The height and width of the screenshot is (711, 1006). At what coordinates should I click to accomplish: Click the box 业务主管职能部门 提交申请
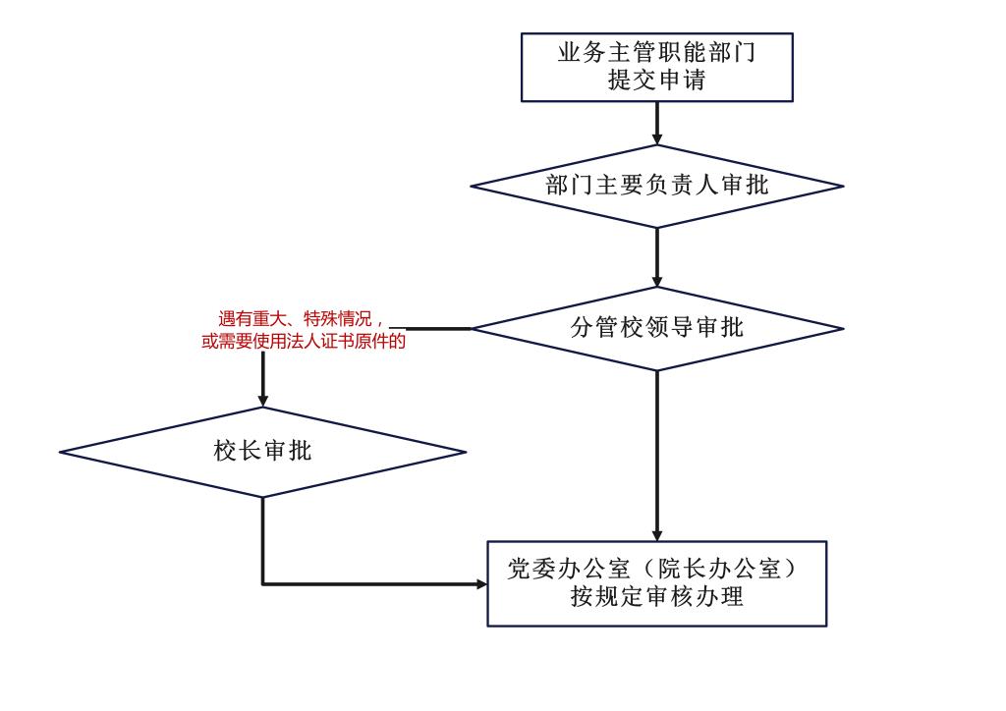tap(656, 67)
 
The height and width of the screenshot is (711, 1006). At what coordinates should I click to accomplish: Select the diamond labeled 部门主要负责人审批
tap(656, 186)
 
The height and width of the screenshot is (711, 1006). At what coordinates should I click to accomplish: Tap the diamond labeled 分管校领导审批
tap(656, 328)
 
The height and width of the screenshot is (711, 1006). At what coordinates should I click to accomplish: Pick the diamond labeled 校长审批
tap(262, 452)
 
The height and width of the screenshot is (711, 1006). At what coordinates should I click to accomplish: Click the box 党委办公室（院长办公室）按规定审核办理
tap(656, 582)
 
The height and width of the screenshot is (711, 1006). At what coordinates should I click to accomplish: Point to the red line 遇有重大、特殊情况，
tap(300, 319)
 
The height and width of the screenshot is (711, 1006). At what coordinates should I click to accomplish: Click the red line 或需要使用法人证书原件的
tap(303, 342)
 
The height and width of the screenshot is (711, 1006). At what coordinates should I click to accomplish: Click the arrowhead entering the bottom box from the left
tap(481, 583)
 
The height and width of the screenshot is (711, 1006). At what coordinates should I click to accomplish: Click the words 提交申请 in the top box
tap(656, 81)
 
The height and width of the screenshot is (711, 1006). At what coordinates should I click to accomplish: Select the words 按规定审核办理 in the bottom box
tap(656, 596)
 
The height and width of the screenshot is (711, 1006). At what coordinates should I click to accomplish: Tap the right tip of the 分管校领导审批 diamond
tap(842, 328)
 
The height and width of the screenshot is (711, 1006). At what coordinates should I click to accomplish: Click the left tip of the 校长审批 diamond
tap(61, 452)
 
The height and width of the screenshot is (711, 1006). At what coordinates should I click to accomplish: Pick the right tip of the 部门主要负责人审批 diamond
tap(842, 186)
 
